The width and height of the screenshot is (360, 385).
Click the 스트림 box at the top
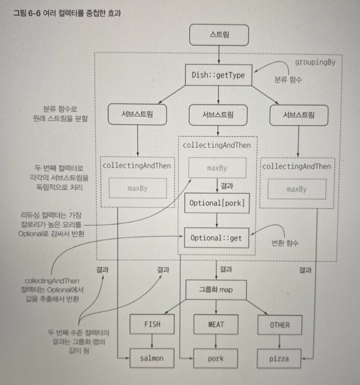(218, 35)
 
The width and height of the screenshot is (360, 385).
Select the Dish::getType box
(218, 75)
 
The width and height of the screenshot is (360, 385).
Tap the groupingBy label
(315, 62)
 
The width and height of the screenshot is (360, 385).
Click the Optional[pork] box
(217, 203)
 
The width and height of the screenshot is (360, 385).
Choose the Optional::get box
(217, 238)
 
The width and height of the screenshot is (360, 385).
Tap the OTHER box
(279, 325)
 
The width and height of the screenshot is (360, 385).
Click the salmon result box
(152, 358)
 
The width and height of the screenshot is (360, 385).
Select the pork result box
(216, 358)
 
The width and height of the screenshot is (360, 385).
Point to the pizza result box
(279, 358)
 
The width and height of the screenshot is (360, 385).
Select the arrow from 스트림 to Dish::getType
(218, 55)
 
